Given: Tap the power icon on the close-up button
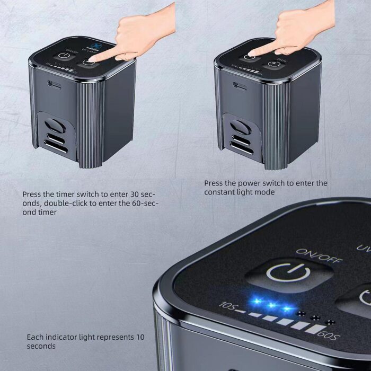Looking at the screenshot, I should (x=288, y=273).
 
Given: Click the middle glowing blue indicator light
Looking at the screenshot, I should (x=272, y=305).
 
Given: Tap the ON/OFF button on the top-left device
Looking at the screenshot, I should (x=65, y=55).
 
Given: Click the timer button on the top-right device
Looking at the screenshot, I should (x=273, y=64).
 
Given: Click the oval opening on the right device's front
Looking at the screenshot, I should (x=238, y=128).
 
